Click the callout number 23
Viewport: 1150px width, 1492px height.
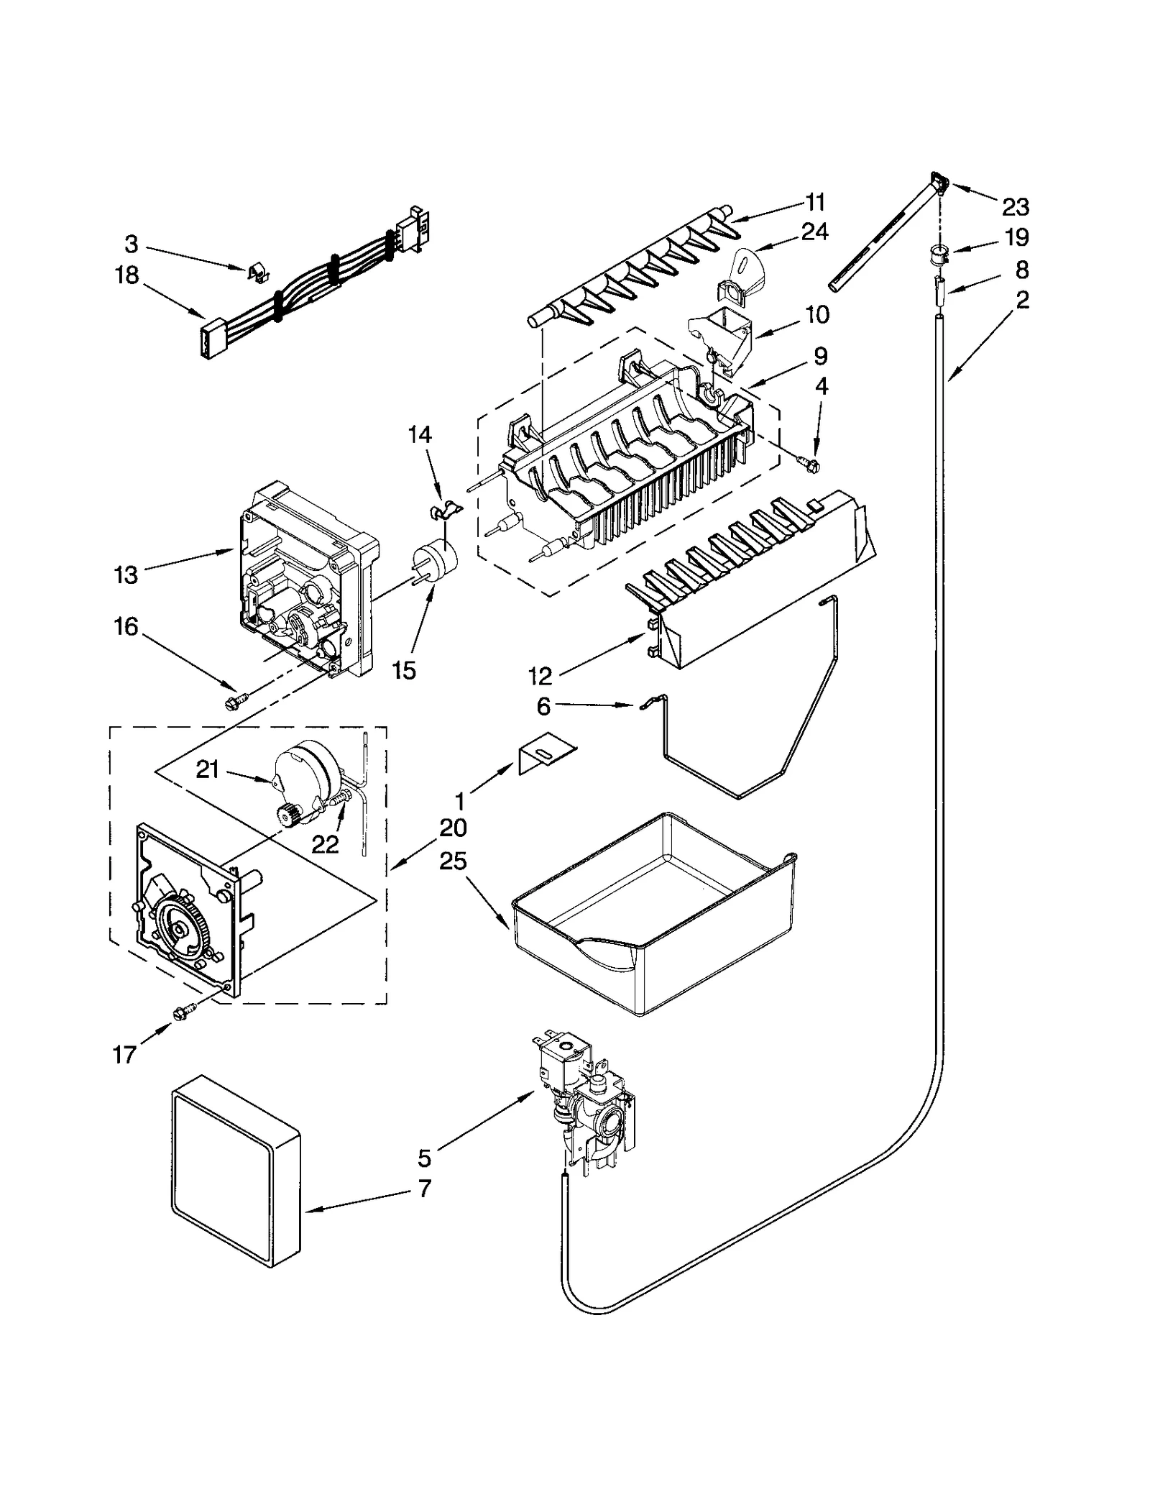(1015, 208)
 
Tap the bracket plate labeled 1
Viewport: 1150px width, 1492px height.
(546, 754)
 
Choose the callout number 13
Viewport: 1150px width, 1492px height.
(126, 575)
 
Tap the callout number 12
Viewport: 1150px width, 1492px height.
(540, 675)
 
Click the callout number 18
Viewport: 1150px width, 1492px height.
(126, 275)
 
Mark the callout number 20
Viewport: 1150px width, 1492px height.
(453, 828)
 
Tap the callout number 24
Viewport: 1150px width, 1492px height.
(814, 232)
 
